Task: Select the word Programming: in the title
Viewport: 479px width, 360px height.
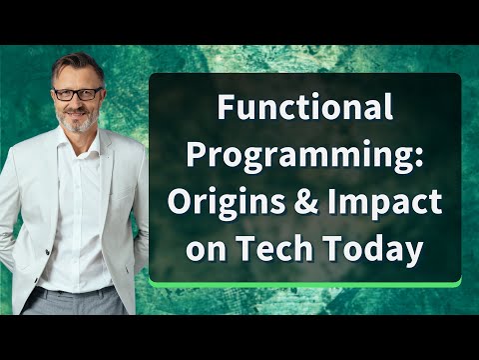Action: click(x=305, y=154)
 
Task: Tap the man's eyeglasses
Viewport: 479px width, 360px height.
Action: click(x=77, y=94)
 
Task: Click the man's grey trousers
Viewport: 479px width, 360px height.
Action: click(x=80, y=300)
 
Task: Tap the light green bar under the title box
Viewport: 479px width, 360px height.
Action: click(x=304, y=284)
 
